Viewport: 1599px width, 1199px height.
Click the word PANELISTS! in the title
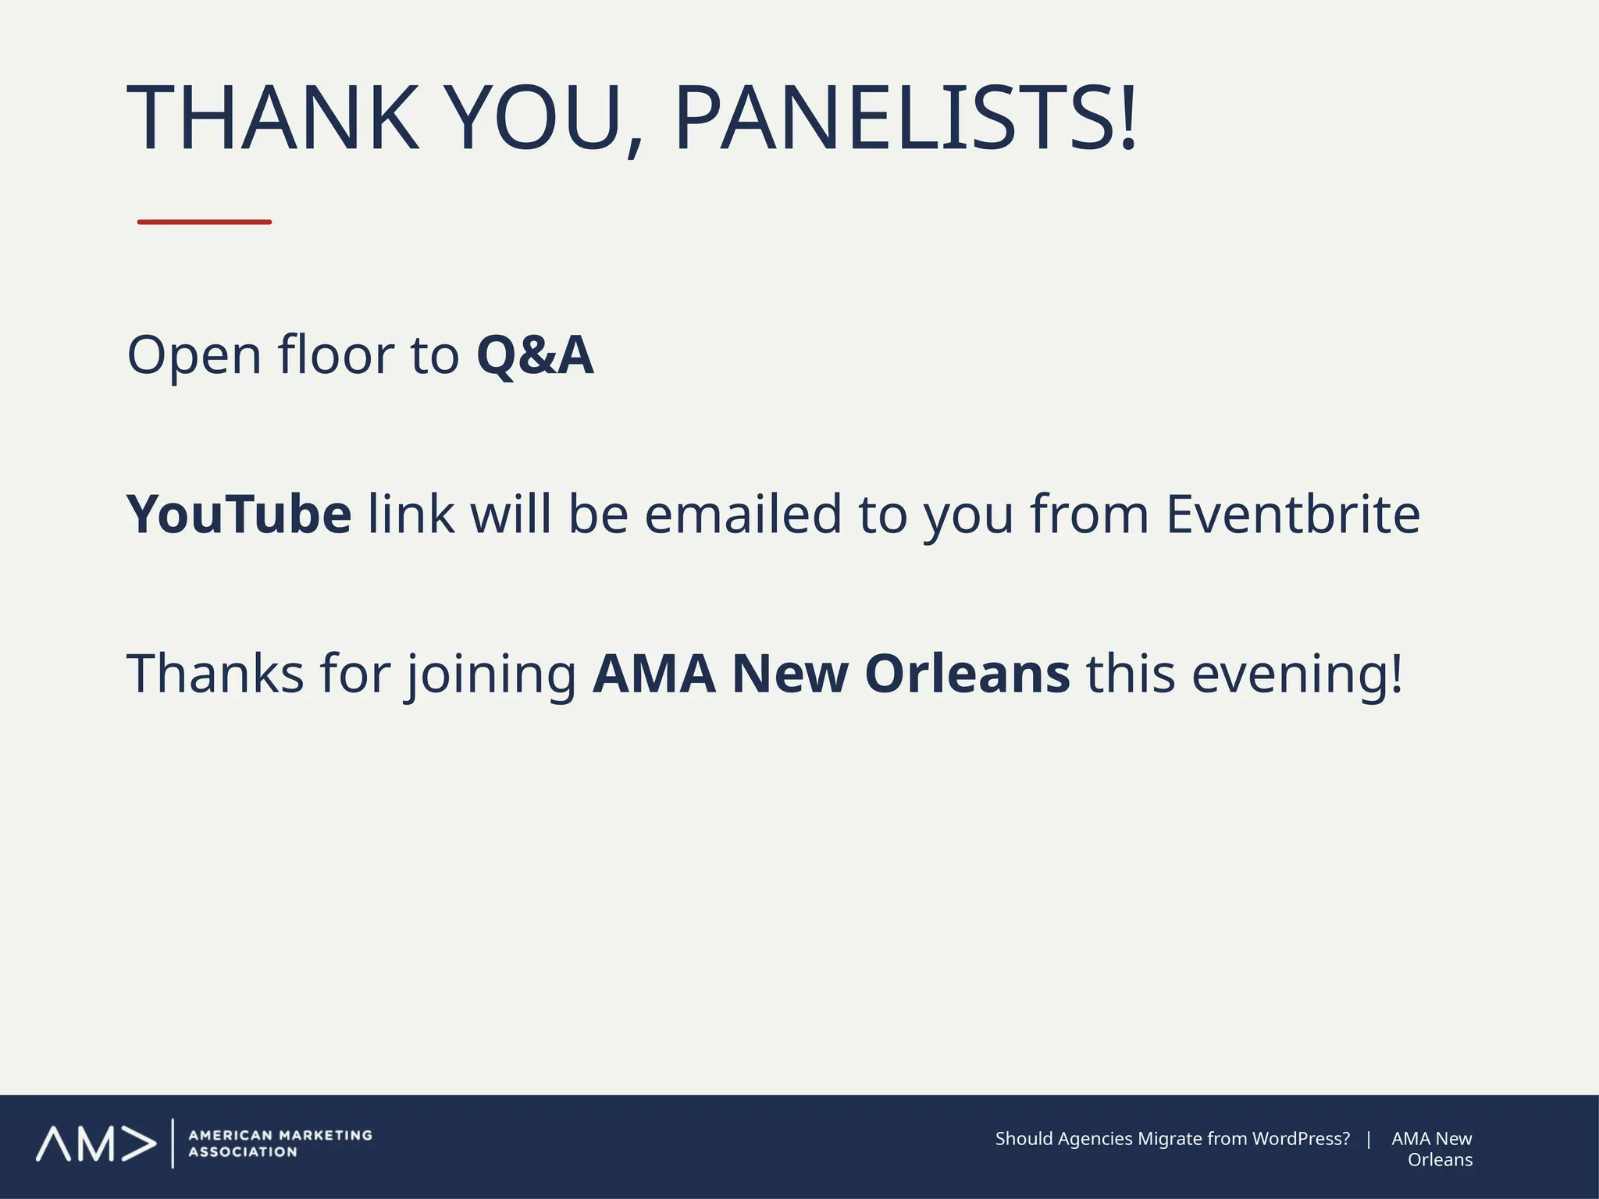904,117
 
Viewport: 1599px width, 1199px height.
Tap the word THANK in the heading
273,117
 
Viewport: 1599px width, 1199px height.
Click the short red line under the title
205,222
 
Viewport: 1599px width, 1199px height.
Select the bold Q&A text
535,356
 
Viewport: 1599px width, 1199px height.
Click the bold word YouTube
239,515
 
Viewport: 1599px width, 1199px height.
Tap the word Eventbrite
1292,515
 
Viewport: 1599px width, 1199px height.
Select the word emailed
743,515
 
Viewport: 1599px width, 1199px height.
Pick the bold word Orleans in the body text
967,674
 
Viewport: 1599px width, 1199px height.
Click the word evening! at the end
1297,674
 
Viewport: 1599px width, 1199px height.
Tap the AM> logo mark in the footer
95,1144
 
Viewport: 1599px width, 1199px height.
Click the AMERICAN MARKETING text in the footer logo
280,1136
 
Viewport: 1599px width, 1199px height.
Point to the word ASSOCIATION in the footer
243,1152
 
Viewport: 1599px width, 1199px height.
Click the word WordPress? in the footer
1301,1139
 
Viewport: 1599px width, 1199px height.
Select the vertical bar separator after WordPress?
1369,1139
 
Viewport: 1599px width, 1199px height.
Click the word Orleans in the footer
1440,1160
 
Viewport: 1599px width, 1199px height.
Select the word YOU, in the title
547,117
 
